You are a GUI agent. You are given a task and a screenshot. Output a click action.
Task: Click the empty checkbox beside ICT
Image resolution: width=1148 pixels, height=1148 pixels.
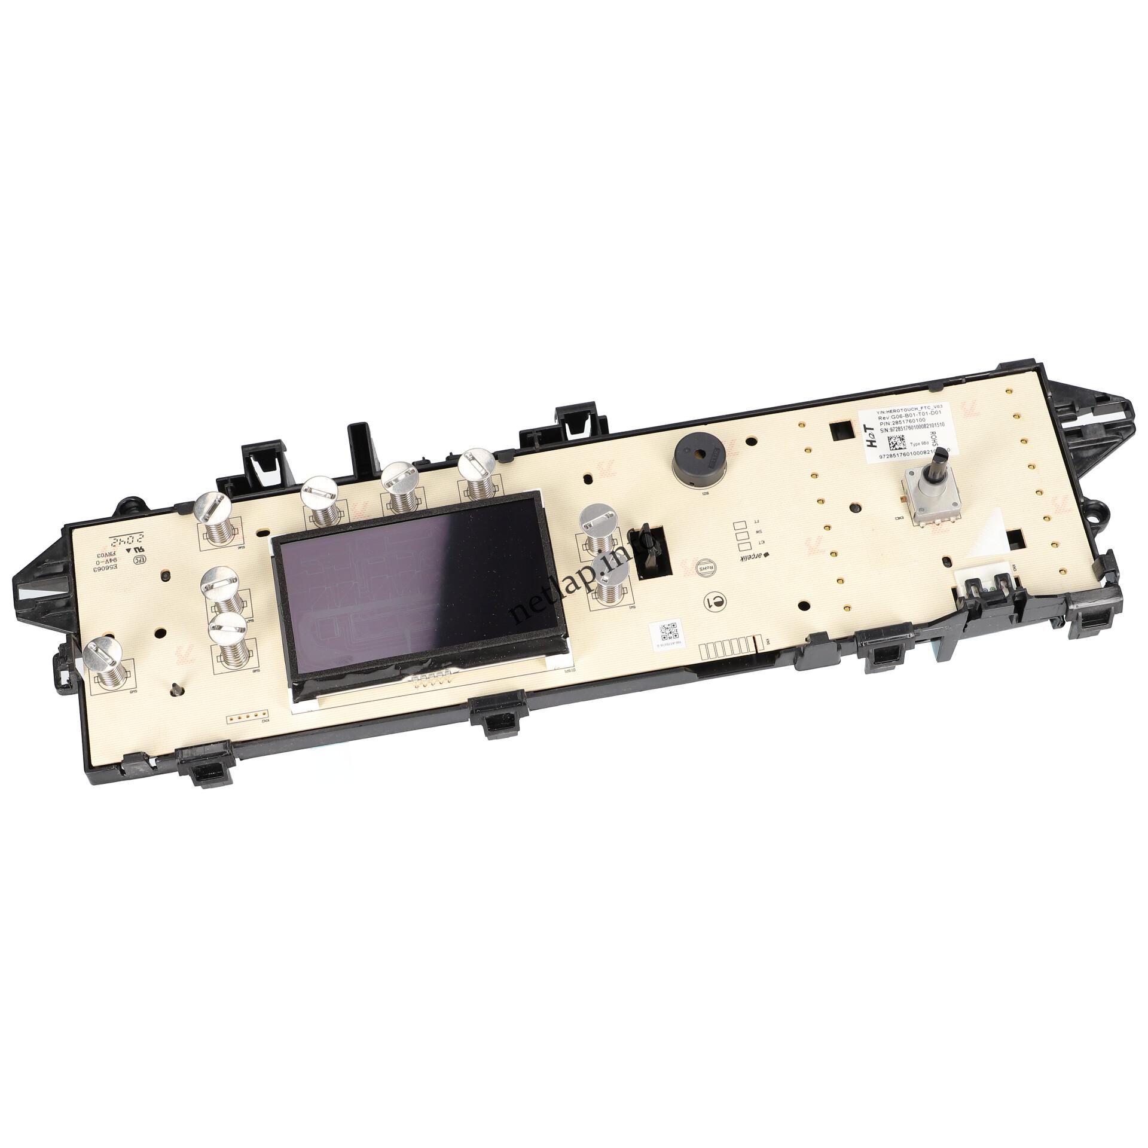pos(744,545)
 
